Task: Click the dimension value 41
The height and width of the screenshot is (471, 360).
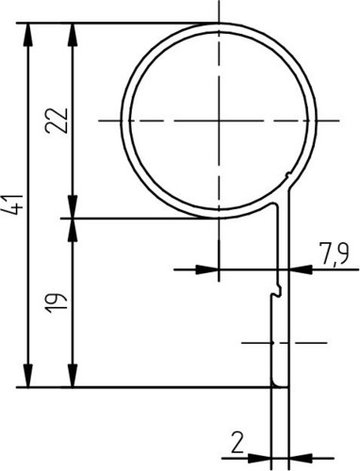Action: pyautogui.click(x=16, y=205)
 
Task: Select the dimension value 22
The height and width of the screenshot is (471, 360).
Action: pyautogui.click(x=57, y=121)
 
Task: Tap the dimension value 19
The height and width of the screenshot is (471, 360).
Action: pyautogui.click(x=57, y=303)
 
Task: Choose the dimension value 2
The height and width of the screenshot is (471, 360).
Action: pyautogui.click(x=237, y=442)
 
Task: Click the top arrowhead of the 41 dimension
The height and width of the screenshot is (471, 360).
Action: pyautogui.click(x=28, y=35)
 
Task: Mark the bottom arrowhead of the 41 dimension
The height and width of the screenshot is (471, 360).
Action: pyautogui.click(x=28, y=376)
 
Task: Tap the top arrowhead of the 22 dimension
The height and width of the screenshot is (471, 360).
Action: pyautogui.click(x=73, y=35)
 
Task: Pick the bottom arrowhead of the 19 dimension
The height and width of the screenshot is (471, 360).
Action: pyautogui.click(x=73, y=376)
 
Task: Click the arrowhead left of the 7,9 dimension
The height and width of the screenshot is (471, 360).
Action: pyautogui.click(x=207, y=269)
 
